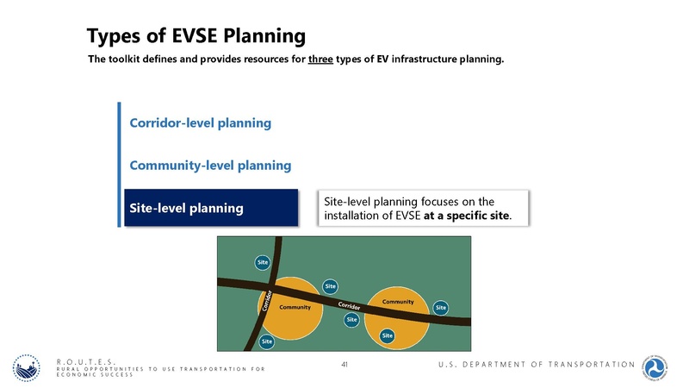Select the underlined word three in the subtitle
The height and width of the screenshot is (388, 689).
click(320, 60)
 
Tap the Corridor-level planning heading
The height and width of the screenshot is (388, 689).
click(200, 123)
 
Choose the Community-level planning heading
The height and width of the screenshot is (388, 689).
click(210, 165)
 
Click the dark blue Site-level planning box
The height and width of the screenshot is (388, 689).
click(211, 208)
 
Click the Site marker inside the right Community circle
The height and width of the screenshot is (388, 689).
click(388, 335)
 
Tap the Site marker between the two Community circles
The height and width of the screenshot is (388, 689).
click(351, 320)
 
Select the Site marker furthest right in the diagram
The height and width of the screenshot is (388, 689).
click(441, 307)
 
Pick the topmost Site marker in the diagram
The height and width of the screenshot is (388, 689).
click(263, 261)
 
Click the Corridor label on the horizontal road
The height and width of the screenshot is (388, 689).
click(348, 306)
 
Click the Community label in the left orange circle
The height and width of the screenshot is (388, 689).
click(295, 308)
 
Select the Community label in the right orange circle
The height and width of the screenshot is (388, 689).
click(398, 302)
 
